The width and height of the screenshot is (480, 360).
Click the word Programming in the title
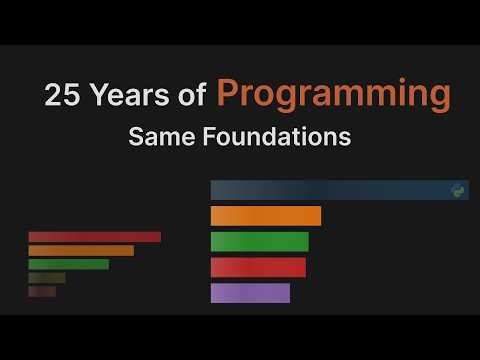coord(333,95)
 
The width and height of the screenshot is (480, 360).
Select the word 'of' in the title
coord(194,96)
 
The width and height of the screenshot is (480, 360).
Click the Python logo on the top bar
coord(459,190)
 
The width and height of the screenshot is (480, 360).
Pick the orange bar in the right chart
coord(265,216)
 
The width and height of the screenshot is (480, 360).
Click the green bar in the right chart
coord(259,242)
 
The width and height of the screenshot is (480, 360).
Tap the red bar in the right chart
coord(258,267)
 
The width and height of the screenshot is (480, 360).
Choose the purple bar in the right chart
coord(250,293)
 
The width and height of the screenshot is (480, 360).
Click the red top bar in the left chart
coord(94,237)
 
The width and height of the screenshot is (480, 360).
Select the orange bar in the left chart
coord(81,251)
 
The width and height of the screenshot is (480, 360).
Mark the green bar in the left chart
coord(68,265)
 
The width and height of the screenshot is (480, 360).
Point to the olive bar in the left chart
coord(47,278)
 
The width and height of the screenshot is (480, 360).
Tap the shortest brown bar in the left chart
coord(42,292)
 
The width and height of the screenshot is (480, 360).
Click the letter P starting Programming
coord(228,94)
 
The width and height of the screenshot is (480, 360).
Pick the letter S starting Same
coord(135,137)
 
